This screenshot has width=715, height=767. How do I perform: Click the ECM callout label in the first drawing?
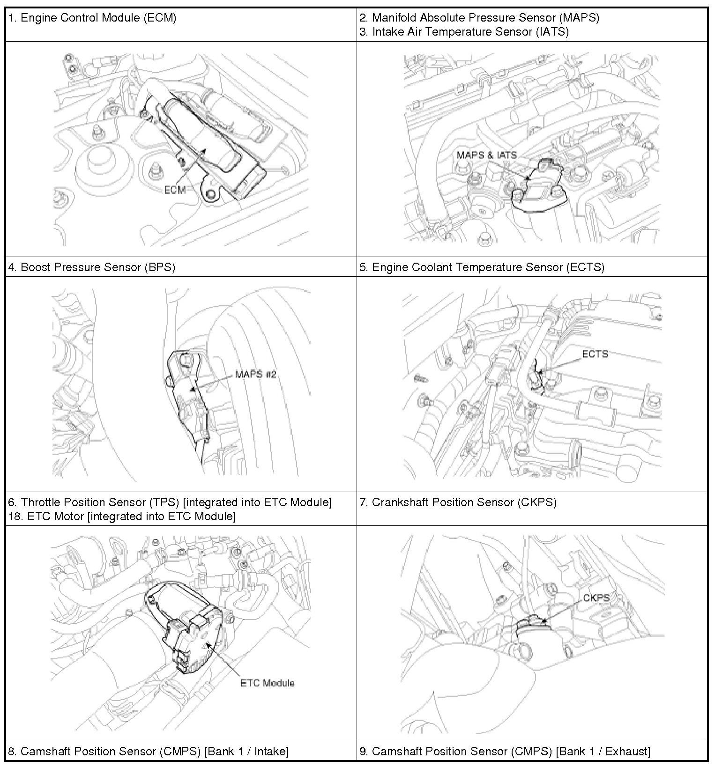point(174,190)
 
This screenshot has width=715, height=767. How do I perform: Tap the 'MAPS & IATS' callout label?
point(486,155)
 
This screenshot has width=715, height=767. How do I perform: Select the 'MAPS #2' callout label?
point(257,374)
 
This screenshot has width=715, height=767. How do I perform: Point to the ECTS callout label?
point(595,354)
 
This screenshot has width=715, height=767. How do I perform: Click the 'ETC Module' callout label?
point(268,683)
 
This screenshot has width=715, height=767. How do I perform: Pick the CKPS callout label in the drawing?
point(596,598)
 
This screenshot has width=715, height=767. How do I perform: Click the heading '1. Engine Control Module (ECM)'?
point(93,18)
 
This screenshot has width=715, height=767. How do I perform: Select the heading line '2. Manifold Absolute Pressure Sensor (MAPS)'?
point(479,18)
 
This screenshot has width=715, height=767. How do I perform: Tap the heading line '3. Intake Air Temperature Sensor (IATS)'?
point(464,32)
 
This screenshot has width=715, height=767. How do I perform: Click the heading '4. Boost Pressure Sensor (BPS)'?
point(92,267)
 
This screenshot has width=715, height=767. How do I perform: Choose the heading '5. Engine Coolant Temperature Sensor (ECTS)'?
point(482,267)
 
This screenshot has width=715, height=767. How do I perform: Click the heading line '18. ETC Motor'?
point(122,516)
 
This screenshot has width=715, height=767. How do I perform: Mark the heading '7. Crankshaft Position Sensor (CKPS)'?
point(458,502)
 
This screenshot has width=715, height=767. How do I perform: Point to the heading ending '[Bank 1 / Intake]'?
point(148,752)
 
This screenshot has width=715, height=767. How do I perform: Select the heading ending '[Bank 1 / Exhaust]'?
point(505,752)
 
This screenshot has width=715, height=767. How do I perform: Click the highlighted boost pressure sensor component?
point(189,393)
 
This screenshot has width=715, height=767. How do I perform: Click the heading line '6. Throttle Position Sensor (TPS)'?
point(170,502)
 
